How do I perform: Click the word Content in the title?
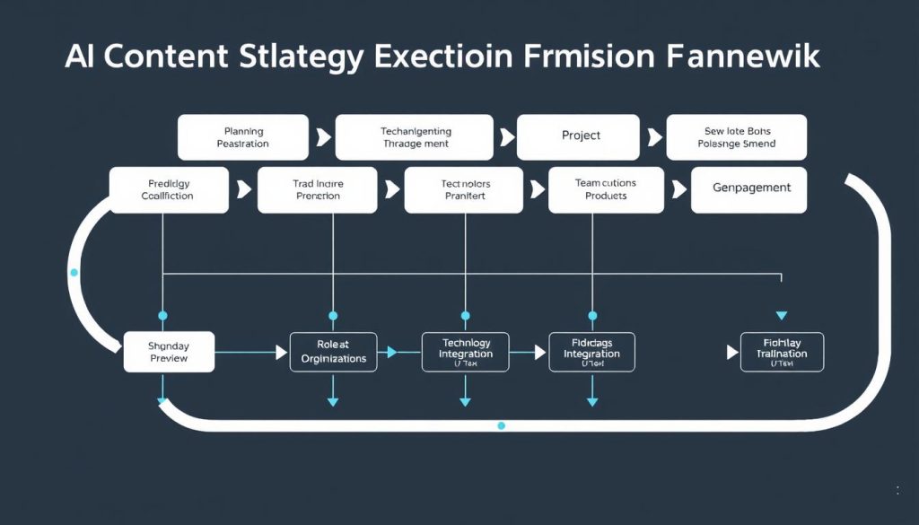point(170,57)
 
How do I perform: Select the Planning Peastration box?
point(242,137)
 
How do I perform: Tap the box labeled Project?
point(581,136)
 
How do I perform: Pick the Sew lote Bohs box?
point(736,137)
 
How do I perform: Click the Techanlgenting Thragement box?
point(416,137)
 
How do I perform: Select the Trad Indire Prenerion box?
point(317,189)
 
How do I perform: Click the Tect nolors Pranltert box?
point(465,189)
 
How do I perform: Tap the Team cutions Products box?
point(605,189)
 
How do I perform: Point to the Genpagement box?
point(748,189)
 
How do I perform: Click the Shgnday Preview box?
point(168,352)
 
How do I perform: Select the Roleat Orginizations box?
point(333,352)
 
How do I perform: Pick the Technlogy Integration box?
point(465,353)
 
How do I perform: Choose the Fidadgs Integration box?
point(591,353)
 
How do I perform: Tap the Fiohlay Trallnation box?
point(782,353)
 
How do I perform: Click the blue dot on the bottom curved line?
point(501,425)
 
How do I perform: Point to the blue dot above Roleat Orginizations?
point(333,316)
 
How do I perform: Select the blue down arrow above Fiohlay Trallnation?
point(781,315)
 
